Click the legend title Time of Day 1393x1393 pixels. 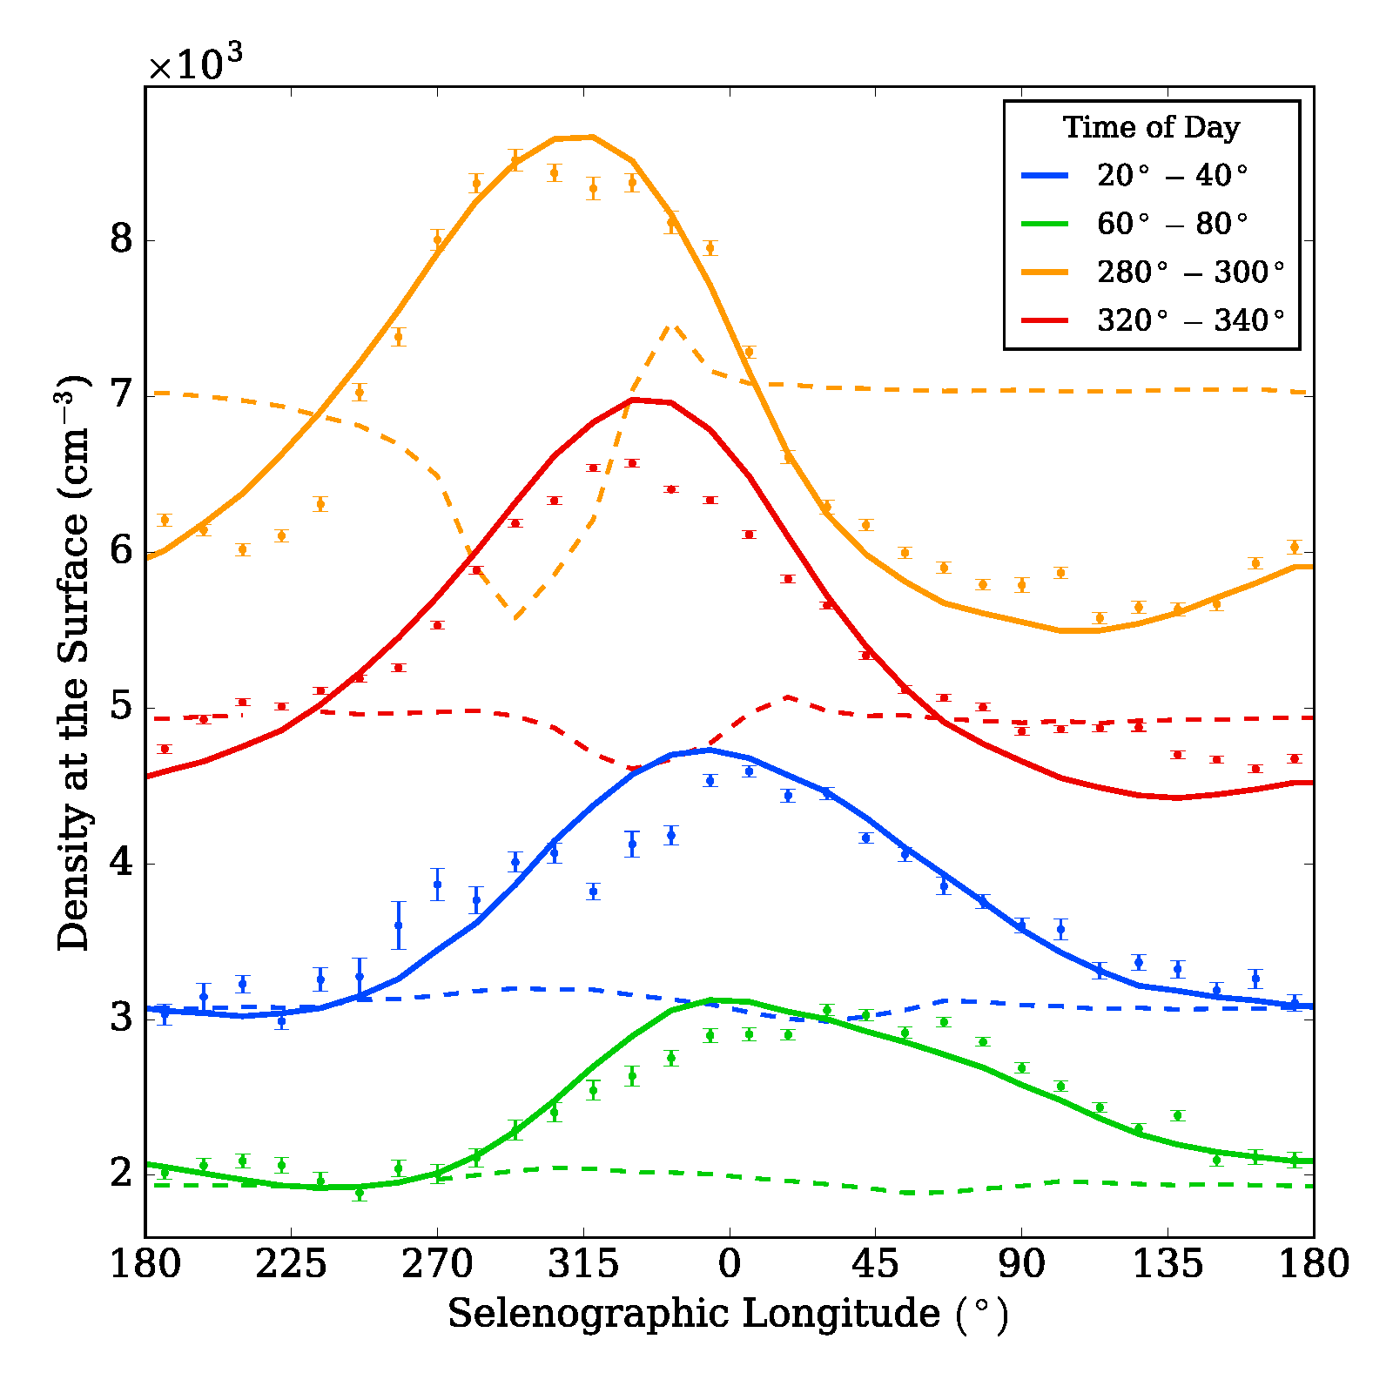[x=1151, y=127]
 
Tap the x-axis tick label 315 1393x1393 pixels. [x=582, y=1264]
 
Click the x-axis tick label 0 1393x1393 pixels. [x=729, y=1264]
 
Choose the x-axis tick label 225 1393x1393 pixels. [x=291, y=1264]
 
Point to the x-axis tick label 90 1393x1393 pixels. [x=1021, y=1264]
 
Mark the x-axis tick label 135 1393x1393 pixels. [x=1167, y=1264]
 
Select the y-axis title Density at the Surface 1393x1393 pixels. [x=73, y=662]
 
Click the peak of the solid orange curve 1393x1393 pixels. [x=592, y=137]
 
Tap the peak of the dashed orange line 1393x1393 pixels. [x=671, y=326]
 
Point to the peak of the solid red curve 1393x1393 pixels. [x=633, y=400]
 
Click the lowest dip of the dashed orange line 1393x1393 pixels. [x=515, y=618]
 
